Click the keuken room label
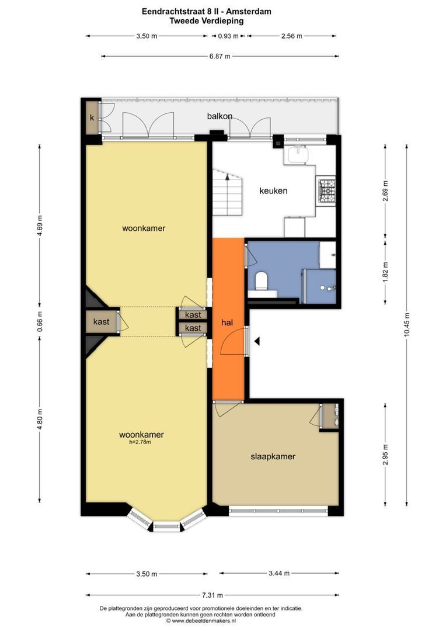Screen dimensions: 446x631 273,190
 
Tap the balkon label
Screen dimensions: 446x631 219,116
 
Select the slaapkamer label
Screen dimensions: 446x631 273,456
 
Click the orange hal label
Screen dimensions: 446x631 227,323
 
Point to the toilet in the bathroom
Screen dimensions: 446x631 262,280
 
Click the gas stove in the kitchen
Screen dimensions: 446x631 327,190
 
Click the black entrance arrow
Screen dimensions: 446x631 257,341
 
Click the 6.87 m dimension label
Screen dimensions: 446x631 220,56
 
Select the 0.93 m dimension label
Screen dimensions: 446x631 228,36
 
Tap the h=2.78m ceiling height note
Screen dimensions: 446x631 140,442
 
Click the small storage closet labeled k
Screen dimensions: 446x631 92,118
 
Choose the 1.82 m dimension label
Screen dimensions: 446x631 385,272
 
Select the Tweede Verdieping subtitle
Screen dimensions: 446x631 206,21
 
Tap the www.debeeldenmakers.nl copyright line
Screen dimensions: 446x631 201,621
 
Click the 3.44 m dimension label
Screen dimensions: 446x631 278,574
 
